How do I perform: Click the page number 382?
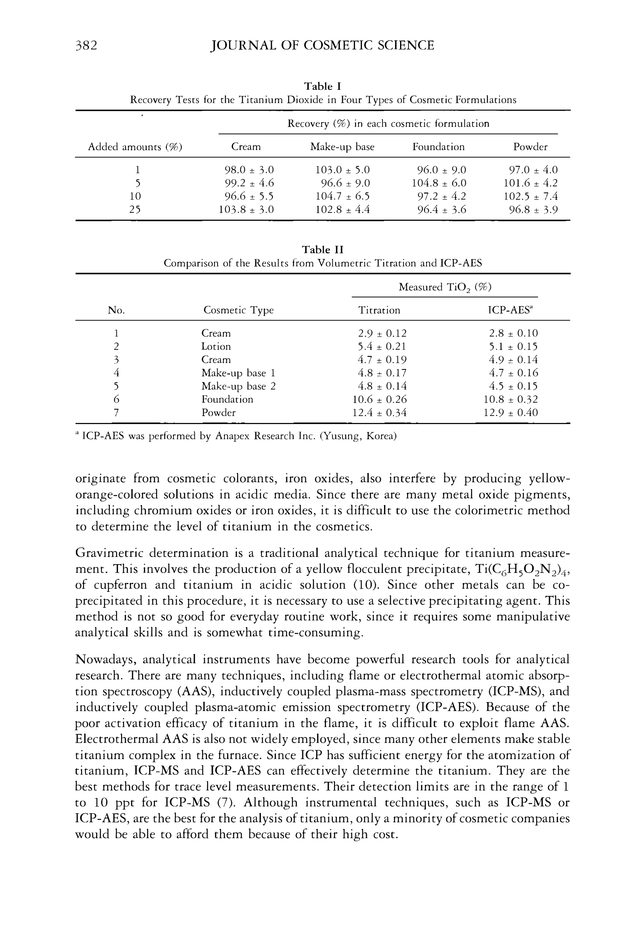point(86,45)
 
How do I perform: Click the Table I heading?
point(323,86)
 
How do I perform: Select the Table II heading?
point(323,249)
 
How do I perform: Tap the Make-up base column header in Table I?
point(342,147)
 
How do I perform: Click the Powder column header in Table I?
point(530,147)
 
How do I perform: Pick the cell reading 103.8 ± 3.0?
point(246,209)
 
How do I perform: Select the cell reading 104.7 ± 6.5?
point(342,196)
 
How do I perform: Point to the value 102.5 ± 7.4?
point(530,196)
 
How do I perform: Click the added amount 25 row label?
point(135,209)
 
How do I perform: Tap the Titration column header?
point(379,310)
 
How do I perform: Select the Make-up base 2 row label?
point(239,386)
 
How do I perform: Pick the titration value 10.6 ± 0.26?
point(379,400)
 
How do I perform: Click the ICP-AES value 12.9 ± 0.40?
point(510,413)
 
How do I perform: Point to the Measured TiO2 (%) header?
point(445,287)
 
